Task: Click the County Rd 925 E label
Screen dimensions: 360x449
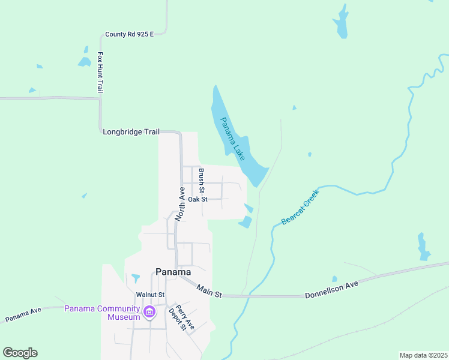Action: click(129, 34)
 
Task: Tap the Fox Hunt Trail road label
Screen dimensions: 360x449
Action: click(100, 72)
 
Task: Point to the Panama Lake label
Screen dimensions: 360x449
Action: click(232, 139)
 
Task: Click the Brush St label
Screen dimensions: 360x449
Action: click(202, 178)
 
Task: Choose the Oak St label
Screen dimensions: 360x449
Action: click(197, 199)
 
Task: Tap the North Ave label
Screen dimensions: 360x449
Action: click(181, 205)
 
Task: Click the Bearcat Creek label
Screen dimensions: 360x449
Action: click(300, 206)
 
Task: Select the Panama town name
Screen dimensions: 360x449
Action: click(173, 271)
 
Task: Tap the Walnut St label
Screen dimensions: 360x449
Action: click(150, 295)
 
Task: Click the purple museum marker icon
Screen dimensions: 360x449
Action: click(149, 311)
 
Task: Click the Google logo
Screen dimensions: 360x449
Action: click(20, 353)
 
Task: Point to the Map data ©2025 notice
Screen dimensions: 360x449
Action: click(423, 355)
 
